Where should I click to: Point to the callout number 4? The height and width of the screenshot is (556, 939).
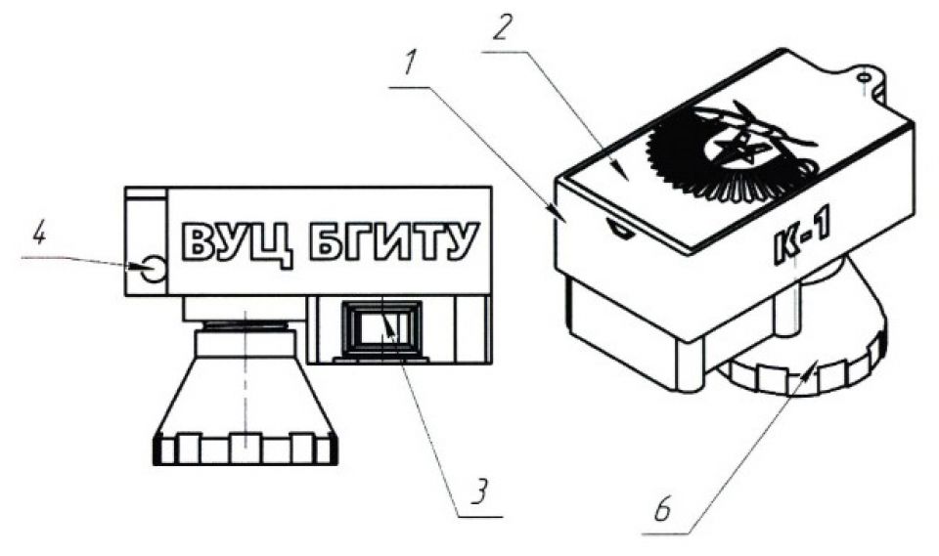[38, 234]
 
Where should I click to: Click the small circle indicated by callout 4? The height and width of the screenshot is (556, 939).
[154, 269]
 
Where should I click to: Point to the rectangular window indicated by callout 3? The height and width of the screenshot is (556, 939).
[381, 329]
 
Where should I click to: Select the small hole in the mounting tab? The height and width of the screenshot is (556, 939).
[863, 78]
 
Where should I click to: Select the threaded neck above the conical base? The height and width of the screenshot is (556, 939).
[245, 326]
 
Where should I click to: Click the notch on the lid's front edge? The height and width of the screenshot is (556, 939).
[620, 230]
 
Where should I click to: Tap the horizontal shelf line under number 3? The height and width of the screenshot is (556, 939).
[478, 516]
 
